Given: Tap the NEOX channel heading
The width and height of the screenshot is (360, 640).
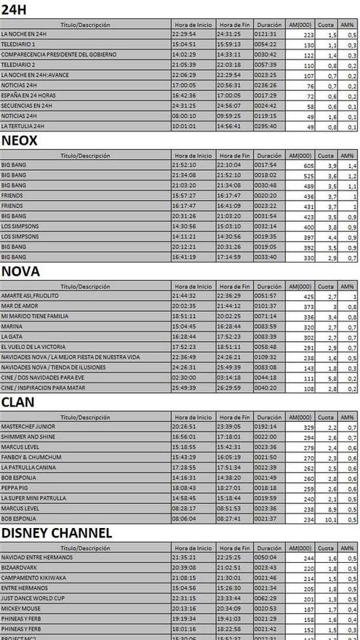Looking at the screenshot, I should coord(20,140).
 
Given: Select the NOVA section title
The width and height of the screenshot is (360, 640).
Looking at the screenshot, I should coord(20,271).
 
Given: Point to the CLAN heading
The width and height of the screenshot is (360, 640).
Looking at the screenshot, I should coord(19,401).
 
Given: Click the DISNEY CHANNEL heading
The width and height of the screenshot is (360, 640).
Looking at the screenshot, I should coord(57,533).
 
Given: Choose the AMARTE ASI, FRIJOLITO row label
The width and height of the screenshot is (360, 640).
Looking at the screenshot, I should coord(30,296).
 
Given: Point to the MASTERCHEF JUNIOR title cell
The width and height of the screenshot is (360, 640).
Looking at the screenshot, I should coord(26,427).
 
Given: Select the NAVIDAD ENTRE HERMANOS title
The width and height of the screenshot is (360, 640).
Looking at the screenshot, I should coord(37,557).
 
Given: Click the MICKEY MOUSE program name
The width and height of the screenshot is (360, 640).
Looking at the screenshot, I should coord(20,608).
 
